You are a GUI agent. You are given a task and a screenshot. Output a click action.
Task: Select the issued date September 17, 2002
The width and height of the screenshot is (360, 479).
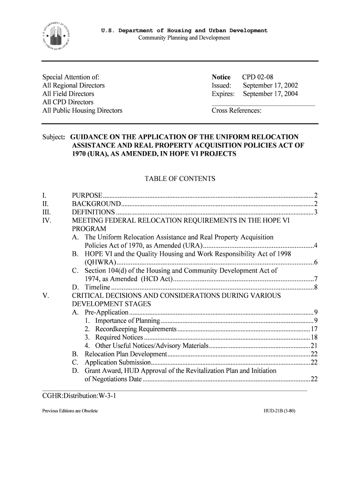point(270,86)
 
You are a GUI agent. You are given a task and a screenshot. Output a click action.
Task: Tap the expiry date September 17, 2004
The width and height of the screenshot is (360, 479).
point(270,94)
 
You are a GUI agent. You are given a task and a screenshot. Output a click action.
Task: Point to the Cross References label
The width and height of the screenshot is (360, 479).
point(237,111)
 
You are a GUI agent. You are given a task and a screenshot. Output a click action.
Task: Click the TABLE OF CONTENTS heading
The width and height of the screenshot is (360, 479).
point(180,179)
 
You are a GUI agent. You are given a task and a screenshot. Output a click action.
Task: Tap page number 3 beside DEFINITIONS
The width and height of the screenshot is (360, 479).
point(316,212)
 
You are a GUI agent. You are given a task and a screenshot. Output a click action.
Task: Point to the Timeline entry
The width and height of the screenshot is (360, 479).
point(97,287)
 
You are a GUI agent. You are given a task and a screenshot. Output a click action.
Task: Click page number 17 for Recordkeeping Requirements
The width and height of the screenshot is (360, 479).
point(314,329)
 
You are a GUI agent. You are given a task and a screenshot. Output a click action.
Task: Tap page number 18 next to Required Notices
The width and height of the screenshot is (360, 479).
point(314,337)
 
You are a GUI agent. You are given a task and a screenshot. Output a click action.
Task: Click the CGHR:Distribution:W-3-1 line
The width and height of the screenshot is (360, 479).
point(79,397)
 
